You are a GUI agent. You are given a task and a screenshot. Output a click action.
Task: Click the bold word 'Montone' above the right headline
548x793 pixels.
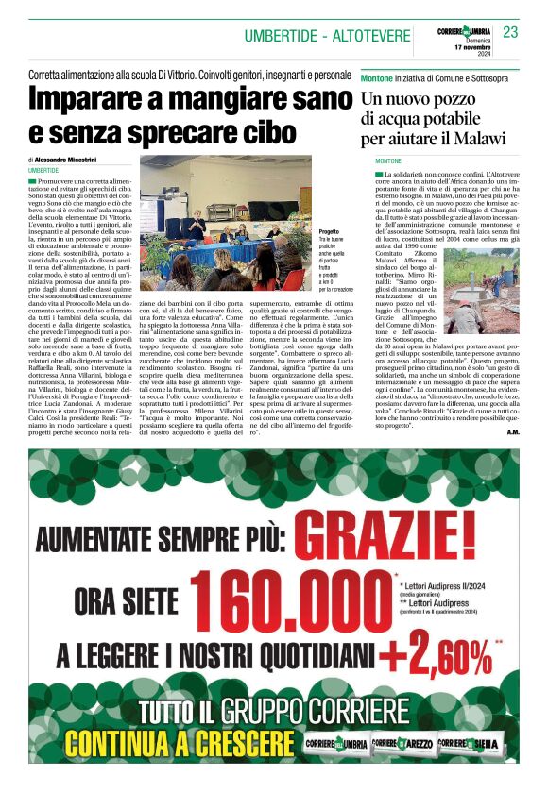coord(377,74)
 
